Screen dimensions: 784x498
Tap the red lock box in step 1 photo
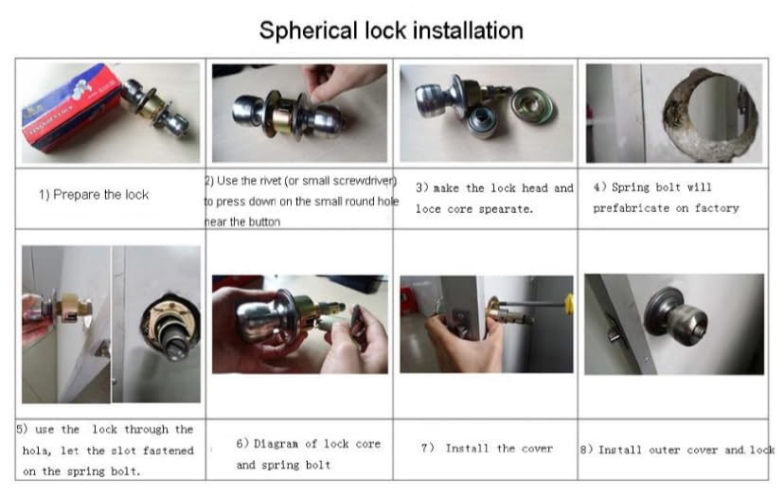tap(70, 108)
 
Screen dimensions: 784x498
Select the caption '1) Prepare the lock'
tap(94, 194)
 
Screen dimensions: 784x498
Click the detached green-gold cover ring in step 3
tap(533, 104)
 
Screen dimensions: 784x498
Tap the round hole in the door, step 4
tap(710, 113)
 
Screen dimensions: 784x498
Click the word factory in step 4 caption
tap(717, 208)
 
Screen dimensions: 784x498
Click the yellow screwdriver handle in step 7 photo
tap(569, 304)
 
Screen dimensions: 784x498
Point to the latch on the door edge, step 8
tap(615, 330)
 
